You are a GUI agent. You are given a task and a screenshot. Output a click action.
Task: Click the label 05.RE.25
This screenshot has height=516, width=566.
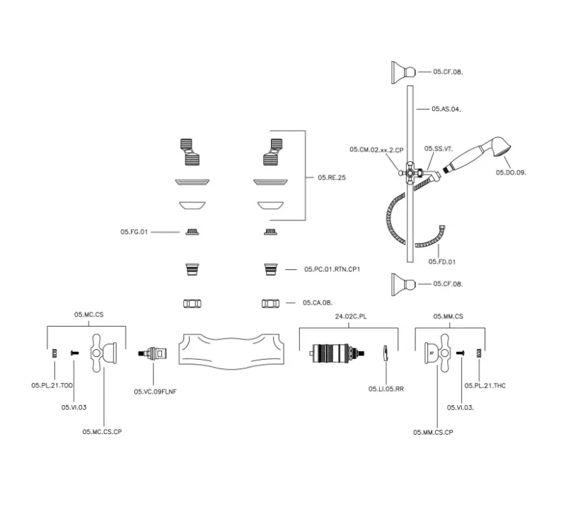pyautogui.click(x=331, y=177)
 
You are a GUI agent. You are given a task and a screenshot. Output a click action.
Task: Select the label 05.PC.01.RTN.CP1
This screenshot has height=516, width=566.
pyautogui.click(x=333, y=269)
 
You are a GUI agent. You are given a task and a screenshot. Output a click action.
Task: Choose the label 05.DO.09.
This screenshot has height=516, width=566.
pyautogui.click(x=511, y=172)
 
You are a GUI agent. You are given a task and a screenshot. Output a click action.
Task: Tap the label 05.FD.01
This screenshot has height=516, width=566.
pyautogui.click(x=442, y=262)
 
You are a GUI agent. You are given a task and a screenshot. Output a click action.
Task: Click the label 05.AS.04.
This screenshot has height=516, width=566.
pyautogui.click(x=446, y=109)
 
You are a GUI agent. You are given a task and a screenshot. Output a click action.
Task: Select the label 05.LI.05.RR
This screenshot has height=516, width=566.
pyautogui.click(x=386, y=389)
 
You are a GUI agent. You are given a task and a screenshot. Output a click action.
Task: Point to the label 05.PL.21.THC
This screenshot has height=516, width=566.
pyautogui.click(x=485, y=385)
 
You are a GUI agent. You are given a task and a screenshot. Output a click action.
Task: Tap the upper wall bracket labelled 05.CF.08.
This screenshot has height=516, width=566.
pyautogui.click(x=403, y=71)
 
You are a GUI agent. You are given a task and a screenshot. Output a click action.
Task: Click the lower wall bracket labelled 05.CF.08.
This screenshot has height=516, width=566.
pyautogui.click(x=403, y=284)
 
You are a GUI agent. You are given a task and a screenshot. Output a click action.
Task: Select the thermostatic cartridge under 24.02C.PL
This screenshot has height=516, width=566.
pyautogui.click(x=337, y=352)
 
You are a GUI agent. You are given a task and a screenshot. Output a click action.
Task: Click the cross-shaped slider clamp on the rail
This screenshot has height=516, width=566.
pyautogui.click(x=410, y=172)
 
